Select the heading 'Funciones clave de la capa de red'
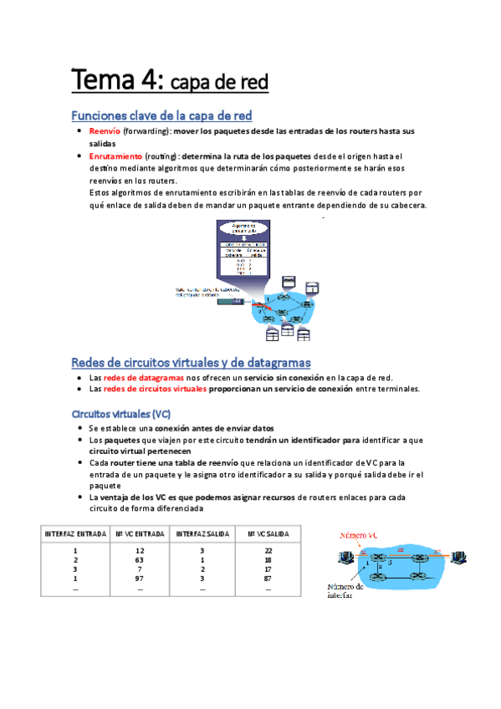click(161, 115)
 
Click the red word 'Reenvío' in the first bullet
click(105, 131)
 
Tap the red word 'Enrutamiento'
click(115, 156)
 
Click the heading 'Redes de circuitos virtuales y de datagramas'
click(191, 362)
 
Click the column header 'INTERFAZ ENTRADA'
click(75, 532)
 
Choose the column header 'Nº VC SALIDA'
click(268, 532)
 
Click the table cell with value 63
click(140, 560)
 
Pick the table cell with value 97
click(140, 579)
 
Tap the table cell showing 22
click(268, 551)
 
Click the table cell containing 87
click(268, 579)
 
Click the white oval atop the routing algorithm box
click(243, 227)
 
